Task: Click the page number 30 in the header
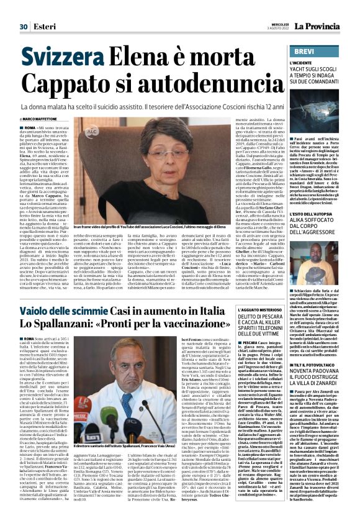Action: tap(24, 9)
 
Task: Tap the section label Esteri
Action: tap(43, 9)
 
